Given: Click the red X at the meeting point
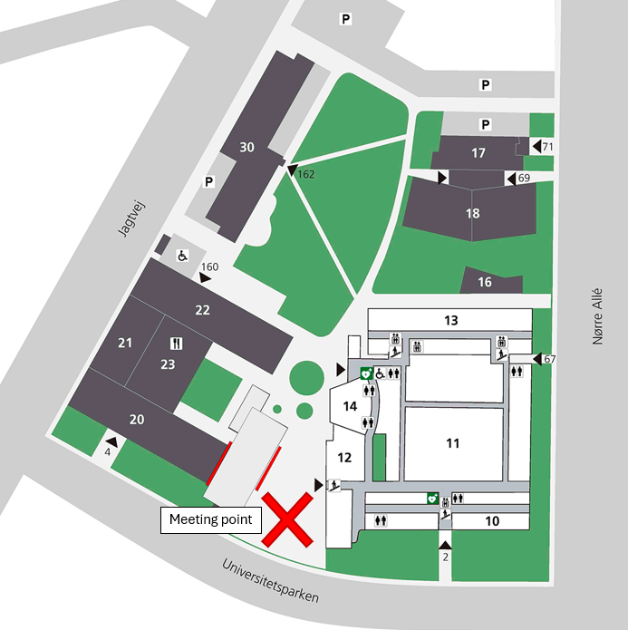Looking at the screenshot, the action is [287, 520].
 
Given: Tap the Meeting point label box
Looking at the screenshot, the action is [211, 520].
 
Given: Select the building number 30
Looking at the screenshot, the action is [246, 147].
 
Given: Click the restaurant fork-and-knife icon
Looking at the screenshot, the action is [177, 344].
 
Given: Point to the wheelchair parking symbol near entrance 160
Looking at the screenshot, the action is [183, 256].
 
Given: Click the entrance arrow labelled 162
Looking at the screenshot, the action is [292, 170].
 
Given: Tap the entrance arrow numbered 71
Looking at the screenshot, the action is [536, 146].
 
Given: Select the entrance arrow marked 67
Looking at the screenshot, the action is [537, 358].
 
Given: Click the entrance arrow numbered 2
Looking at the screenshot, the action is [445, 545].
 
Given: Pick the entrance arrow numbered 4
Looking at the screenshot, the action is [111, 442].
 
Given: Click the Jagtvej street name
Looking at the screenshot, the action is [131, 219].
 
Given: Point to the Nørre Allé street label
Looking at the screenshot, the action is [597, 316].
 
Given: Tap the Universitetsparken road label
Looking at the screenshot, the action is [270, 581].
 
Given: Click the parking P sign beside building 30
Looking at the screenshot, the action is [209, 182].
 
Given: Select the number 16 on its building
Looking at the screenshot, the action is [485, 282].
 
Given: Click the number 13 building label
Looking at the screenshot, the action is [450, 320].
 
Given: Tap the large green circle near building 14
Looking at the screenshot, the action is [306, 378].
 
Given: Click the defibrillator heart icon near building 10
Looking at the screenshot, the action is [432, 499].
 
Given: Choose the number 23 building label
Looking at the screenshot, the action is [168, 364].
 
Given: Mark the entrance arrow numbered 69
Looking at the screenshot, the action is [511, 179].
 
